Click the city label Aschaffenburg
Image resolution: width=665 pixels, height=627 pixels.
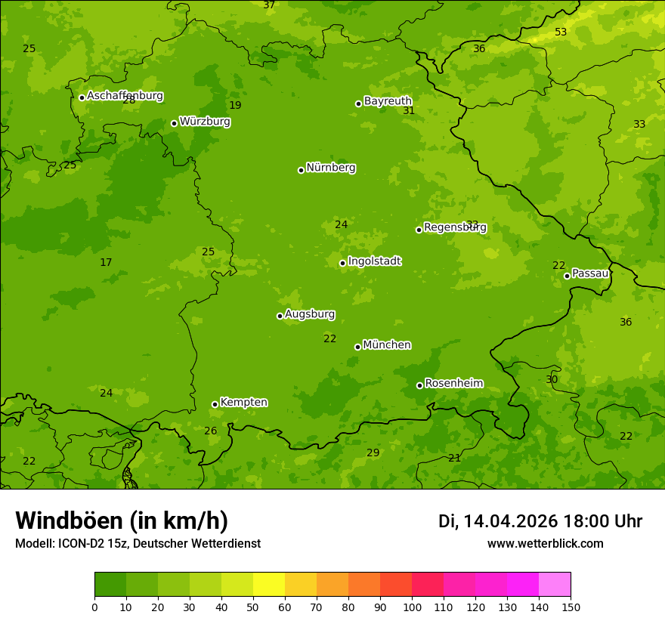(125, 96)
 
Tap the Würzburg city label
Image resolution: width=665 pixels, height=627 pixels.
(205, 122)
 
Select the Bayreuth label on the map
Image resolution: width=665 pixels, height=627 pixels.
(388, 101)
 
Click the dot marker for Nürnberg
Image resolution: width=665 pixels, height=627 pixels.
(301, 170)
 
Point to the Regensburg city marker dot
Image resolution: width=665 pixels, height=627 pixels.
(419, 230)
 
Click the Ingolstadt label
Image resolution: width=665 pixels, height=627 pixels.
(374, 261)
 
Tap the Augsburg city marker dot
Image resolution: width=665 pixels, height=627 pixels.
(280, 316)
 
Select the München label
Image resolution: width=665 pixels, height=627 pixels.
(387, 345)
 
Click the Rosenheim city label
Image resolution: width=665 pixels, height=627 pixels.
(453, 384)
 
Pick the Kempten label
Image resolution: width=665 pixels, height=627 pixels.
(243, 403)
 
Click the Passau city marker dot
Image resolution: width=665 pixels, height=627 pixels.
(567, 276)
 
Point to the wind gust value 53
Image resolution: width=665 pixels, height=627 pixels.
(561, 32)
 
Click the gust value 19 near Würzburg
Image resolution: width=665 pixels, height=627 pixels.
(235, 106)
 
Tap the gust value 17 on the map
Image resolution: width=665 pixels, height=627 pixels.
(106, 263)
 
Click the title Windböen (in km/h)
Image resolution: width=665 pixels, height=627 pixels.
(122, 520)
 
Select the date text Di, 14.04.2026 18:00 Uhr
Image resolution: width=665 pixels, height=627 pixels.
(540, 521)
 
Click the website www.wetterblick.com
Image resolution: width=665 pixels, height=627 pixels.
(545, 544)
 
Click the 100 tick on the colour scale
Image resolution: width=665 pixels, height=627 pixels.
(412, 607)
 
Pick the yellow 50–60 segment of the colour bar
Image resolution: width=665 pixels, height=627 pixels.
(269, 585)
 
